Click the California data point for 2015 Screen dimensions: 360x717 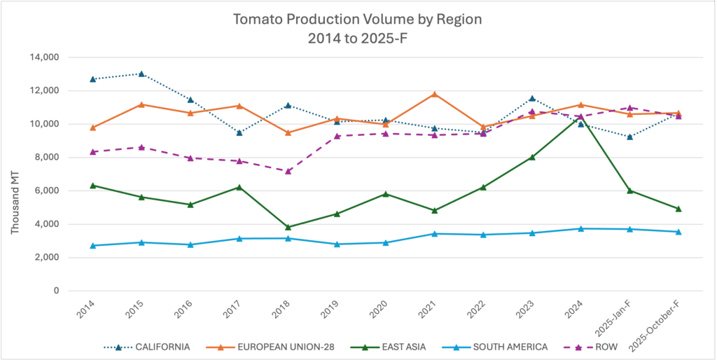click(x=141, y=74)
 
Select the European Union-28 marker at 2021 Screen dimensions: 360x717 click(x=434, y=94)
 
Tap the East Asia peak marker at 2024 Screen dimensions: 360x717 click(x=580, y=119)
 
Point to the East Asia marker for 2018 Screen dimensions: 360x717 click(x=288, y=227)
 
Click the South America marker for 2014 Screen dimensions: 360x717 click(x=93, y=246)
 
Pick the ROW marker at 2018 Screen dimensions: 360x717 click(x=288, y=171)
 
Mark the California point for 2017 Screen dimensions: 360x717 click(x=239, y=132)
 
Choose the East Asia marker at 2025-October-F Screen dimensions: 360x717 click(x=678, y=209)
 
